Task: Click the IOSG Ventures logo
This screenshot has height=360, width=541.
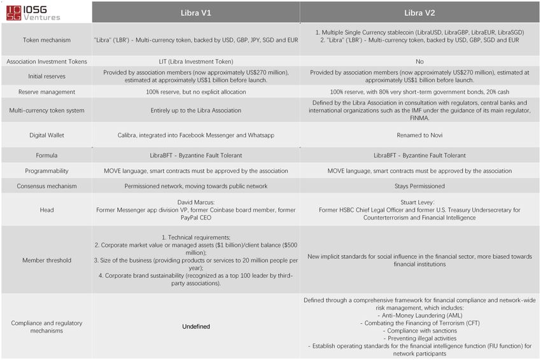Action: coord(33,13)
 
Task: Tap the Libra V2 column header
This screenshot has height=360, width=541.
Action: coord(419,13)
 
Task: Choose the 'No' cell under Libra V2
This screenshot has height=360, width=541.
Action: coord(419,62)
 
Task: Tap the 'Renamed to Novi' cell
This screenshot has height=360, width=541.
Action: coord(419,135)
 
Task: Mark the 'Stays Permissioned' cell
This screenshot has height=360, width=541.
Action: coord(419,186)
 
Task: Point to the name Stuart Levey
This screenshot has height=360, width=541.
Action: coord(419,202)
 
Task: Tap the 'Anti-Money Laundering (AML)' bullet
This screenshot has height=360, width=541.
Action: coord(419,315)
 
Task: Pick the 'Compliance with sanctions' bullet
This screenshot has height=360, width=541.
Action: coord(419,331)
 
